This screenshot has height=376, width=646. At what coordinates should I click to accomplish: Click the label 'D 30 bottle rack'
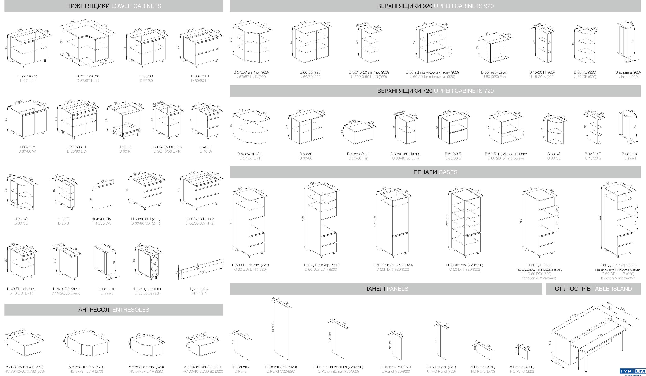click(x=147, y=293)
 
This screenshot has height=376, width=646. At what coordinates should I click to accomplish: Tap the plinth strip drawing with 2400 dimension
click(x=202, y=267)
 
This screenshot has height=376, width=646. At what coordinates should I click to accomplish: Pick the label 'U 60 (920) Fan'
click(x=494, y=77)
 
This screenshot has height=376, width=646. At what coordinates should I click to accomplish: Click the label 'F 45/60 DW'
click(x=102, y=223)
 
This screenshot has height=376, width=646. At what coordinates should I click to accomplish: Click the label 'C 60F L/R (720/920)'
click(x=392, y=269)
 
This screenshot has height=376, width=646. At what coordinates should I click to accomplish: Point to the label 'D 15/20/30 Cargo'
click(x=66, y=293)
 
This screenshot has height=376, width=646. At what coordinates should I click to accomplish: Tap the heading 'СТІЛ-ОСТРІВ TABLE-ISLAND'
click(x=593, y=289)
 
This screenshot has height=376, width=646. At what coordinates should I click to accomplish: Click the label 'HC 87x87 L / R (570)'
click(x=86, y=371)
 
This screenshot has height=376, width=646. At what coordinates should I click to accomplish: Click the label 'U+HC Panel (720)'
click(x=441, y=371)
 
